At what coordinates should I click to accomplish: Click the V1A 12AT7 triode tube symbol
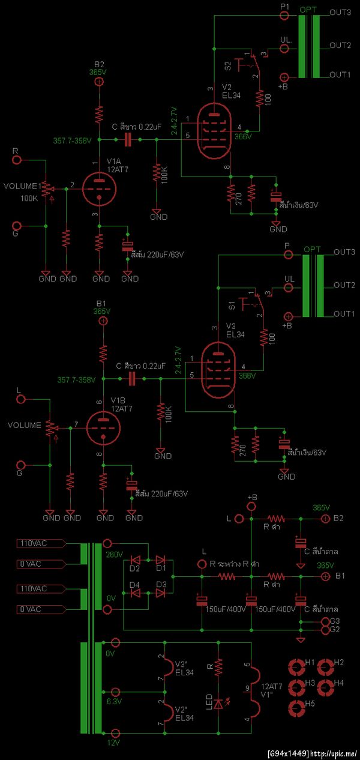pos(99,188)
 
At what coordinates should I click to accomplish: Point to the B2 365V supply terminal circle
pos(100,82)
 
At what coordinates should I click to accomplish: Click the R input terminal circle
pos(17,160)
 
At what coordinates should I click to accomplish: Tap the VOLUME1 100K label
pos(24,192)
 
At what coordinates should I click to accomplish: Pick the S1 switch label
pos(232,306)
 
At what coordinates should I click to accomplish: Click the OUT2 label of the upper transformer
pos(340,45)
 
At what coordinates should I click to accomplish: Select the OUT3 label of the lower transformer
pos(344,252)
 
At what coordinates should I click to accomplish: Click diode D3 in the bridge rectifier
pos(160,593)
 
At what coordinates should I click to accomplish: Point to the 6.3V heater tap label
pos(114,701)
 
